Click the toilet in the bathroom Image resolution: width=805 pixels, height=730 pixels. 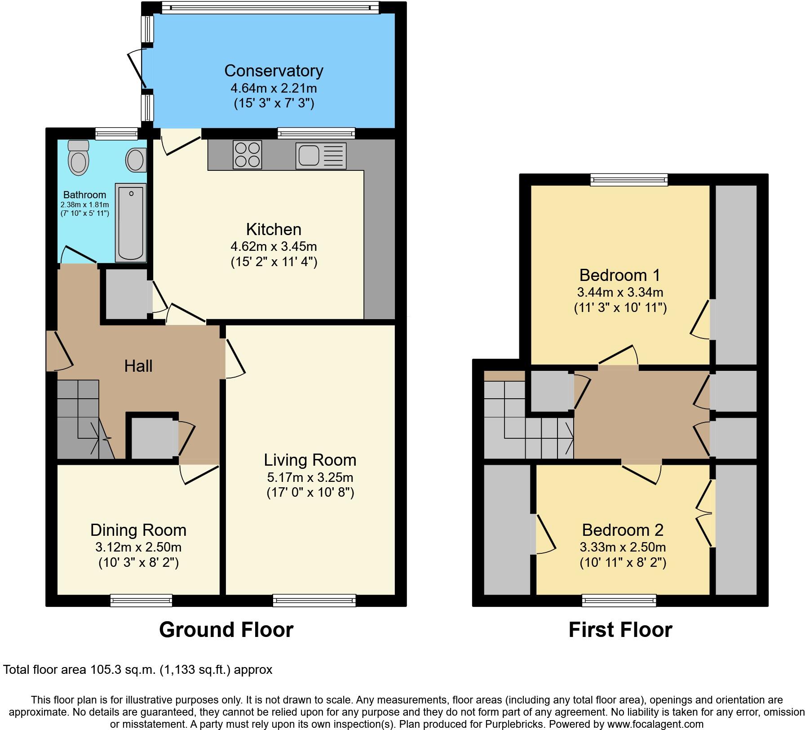[x=79, y=158]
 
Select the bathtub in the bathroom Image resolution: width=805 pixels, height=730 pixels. [x=131, y=222]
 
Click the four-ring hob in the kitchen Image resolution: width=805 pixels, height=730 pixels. [x=247, y=155]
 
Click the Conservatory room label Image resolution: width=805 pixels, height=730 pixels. [x=274, y=71]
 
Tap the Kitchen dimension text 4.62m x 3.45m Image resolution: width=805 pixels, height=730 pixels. [x=274, y=246]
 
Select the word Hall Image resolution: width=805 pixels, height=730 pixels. [x=138, y=366]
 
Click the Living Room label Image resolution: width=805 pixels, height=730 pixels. [x=310, y=460]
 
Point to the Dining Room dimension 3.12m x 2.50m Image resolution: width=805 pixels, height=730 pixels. [x=138, y=547]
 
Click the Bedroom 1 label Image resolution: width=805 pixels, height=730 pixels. [x=620, y=275]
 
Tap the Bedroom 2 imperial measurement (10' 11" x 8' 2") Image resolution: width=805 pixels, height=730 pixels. [x=623, y=562]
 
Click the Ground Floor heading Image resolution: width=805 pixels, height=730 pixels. [x=226, y=630]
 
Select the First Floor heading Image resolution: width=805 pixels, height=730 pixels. [x=620, y=630]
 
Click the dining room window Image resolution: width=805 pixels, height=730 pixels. [x=142, y=600]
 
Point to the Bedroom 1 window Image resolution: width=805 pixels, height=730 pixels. [x=629, y=180]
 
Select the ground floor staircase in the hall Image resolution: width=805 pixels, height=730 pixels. [x=81, y=418]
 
